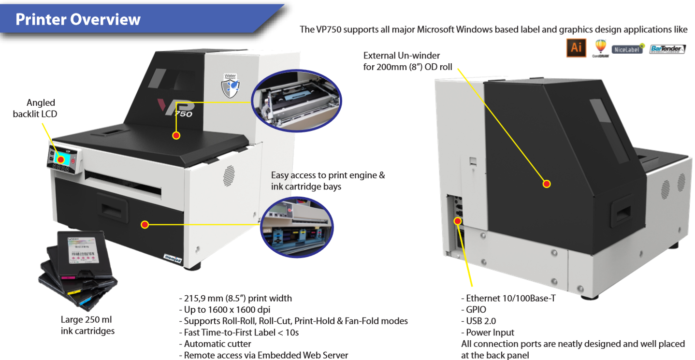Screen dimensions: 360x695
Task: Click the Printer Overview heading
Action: tap(78, 19)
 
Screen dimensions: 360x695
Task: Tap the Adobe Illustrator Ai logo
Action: tap(576, 48)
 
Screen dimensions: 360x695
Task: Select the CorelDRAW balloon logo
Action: tap(600, 48)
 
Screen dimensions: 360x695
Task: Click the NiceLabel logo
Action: tap(628, 49)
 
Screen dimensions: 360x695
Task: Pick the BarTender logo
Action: tap(667, 49)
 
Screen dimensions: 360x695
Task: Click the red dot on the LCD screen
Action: tap(61, 159)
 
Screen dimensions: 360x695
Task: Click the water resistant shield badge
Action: tap(231, 85)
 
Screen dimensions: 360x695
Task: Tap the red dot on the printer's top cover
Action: tap(176, 135)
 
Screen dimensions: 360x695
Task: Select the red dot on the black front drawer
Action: tap(144, 225)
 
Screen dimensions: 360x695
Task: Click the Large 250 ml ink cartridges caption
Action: tap(87, 325)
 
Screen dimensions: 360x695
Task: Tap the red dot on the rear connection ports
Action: tap(457, 221)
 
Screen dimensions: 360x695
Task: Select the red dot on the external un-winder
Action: tap(547, 184)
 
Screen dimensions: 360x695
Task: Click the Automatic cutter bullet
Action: tap(215, 344)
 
